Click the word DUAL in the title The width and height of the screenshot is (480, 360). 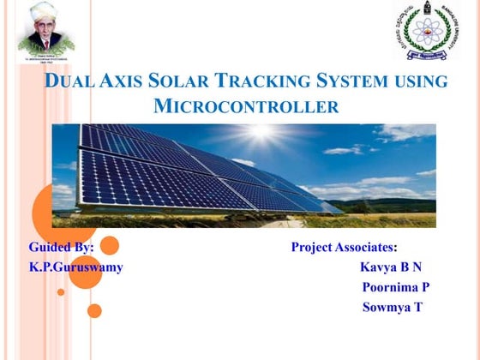coord(70,82)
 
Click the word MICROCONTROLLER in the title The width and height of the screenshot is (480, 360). coord(246,107)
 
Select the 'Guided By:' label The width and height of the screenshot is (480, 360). coord(62,248)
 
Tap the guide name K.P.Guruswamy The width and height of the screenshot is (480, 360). coord(76,267)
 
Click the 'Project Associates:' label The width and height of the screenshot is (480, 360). coord(344,248)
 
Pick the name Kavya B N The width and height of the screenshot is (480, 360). coord(391,267)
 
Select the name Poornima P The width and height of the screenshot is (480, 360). coord(395,287)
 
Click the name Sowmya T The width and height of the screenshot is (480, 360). coord(392,307)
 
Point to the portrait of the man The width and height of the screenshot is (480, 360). coord(45,32)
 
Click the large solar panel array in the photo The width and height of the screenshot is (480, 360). coord(189,171)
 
